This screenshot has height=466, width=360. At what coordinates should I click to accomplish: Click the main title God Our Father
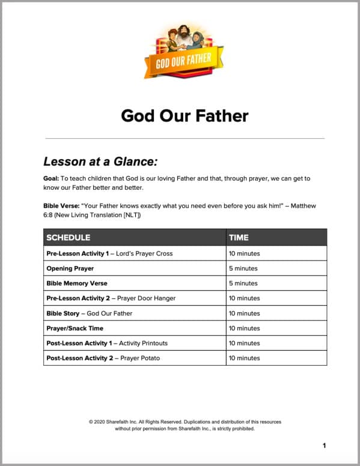[185, 115]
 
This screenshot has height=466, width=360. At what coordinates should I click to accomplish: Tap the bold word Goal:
[54, 179]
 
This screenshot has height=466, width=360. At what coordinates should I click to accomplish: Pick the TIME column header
[239, 237]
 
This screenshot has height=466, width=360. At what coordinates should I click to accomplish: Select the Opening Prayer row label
[70, 268]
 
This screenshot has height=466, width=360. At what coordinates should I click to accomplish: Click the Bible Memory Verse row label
[76, 283]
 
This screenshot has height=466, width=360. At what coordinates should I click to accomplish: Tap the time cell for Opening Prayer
[243, 268]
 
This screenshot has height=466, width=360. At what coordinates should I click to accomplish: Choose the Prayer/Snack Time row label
[75, 328]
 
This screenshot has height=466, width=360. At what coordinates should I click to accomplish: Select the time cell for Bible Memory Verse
[243, 283]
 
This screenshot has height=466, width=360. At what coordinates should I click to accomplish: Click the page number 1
[324, 446]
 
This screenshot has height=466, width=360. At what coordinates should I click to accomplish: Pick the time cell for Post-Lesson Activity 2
[245, 359]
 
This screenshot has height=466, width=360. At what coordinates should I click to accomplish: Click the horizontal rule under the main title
[185, 138]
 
